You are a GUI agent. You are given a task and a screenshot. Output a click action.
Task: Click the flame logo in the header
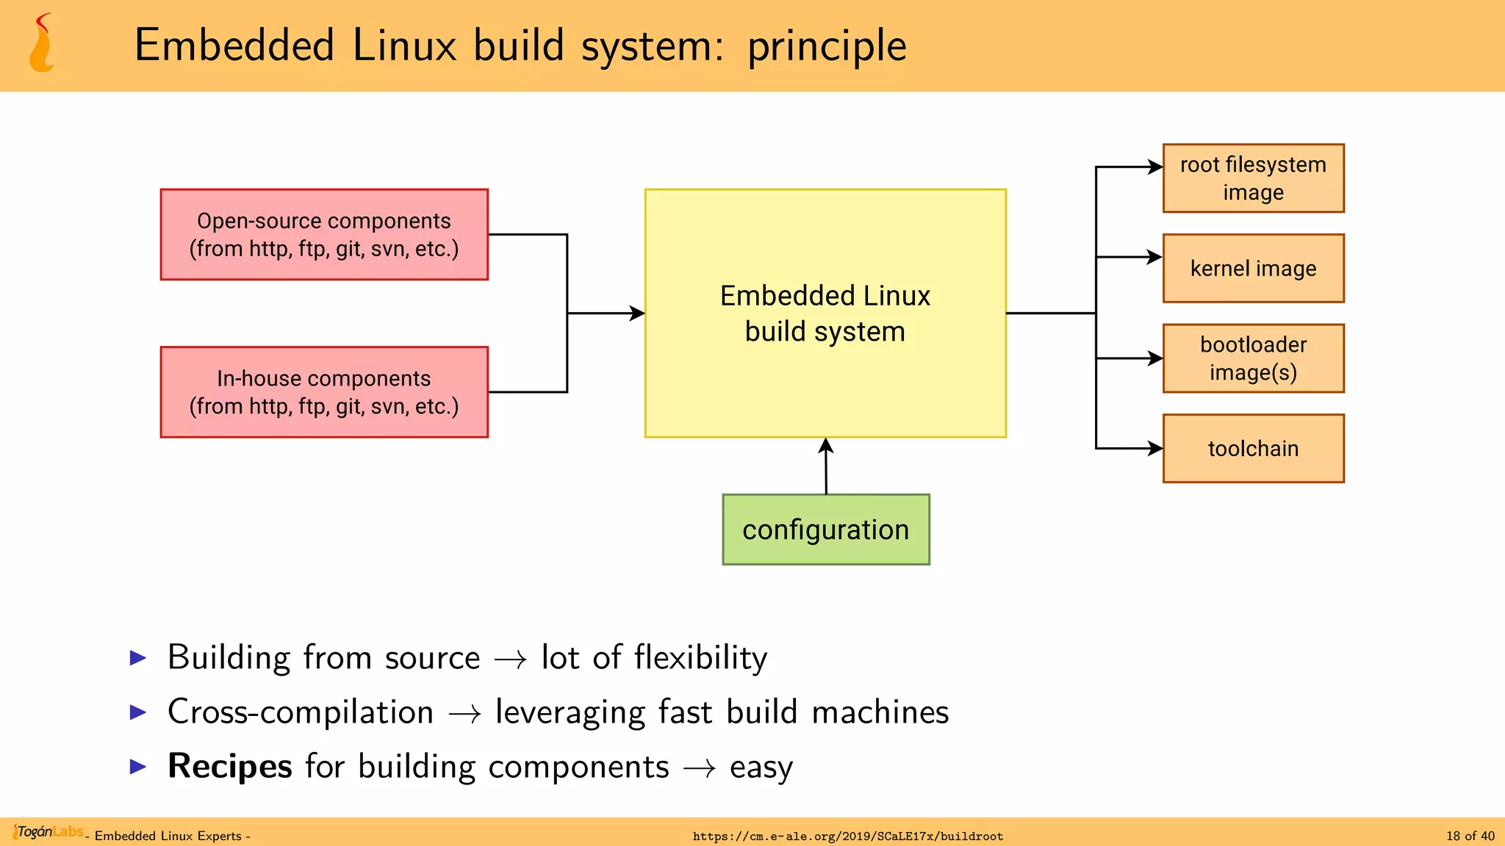(42, 44)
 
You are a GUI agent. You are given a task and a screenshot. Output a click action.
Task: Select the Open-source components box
(324, 234)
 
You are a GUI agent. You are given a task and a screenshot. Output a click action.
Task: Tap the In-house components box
(324, 392)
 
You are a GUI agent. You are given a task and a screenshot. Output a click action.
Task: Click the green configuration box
(826, 529)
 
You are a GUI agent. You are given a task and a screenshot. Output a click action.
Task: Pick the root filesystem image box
(1253, 178)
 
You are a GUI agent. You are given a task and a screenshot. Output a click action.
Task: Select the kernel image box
(1253, 269)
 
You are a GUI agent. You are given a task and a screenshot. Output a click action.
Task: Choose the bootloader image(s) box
(1253, 358)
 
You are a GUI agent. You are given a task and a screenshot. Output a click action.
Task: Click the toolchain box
(1253, 449)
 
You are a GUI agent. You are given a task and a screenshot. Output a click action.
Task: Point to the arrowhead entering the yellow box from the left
(637, 314)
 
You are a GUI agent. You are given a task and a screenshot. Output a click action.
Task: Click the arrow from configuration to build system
(826, 467)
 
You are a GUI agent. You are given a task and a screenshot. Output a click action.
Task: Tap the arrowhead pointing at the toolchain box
(1155, 449)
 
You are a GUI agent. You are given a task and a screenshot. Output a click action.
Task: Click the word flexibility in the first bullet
(700, 657)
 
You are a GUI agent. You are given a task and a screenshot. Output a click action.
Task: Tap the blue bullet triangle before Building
(138, 657)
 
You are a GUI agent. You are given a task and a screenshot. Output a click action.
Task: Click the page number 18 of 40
(1470, 836)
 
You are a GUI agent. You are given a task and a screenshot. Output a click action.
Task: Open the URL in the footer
(847, 836)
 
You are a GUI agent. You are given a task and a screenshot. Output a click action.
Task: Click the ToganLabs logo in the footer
(49, 832)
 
